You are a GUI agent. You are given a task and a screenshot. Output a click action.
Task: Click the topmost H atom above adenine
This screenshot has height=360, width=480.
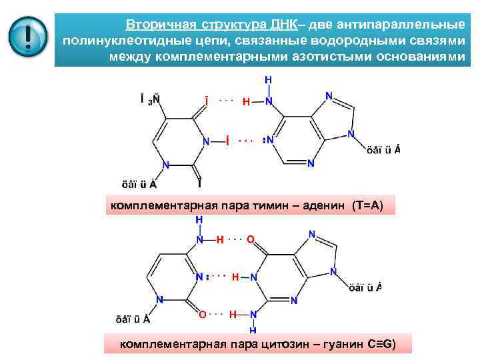click(268, 79)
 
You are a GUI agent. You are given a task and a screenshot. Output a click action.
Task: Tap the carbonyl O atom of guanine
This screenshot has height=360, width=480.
click(250, 239)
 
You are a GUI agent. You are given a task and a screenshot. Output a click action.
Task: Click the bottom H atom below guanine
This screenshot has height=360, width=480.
click(253, 330)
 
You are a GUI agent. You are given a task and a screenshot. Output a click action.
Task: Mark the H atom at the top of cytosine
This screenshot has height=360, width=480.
click(199, 219)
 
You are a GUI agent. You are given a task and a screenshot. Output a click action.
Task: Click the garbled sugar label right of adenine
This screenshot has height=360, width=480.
click(383, 149)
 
